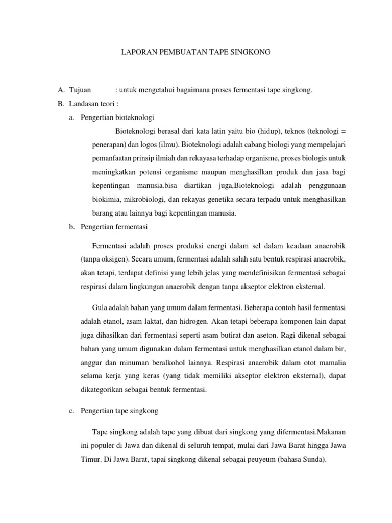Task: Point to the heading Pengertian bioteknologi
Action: pyautogui.click(x=117, y=117)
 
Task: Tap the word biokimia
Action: pyautogui.click(x=95, y=200)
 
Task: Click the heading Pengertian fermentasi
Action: pyautogui.click(x=114, y=227)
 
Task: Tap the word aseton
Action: pyautogui.click(x=269, y=336)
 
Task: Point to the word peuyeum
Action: pyautogui.click(x=260, y=459)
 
